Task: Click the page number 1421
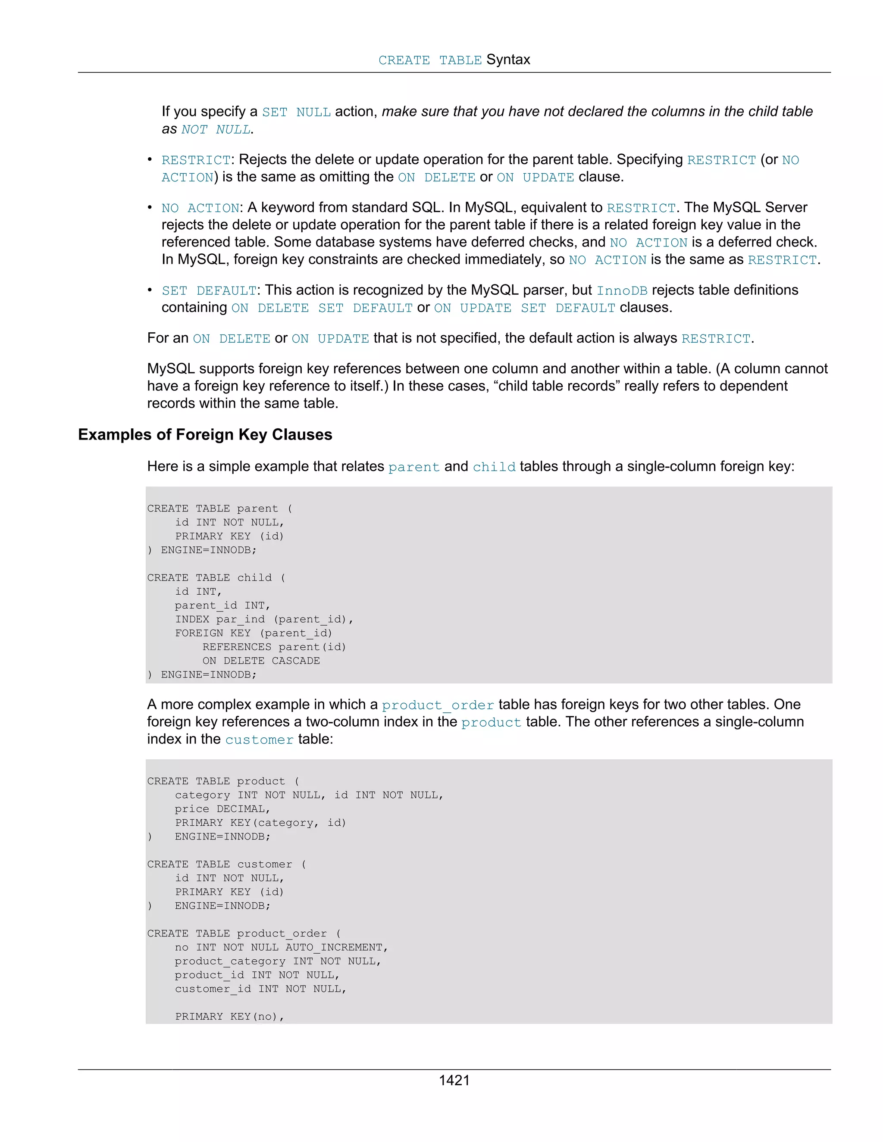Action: pyautogui.click(x=454, y=1080)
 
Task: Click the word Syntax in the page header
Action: pyautogui.click(x=507, y=59)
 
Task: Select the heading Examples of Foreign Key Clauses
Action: pyautogui.click(x=205, y=434)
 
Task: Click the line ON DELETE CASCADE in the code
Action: pyautogui.click(x=261, y=660)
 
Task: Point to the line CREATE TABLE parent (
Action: pyautogui.click(x=220, y=508)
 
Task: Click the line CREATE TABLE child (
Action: pyautogui.click(x=216, y=577)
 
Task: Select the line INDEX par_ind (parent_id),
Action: pyautogui.click(x=264, y=619)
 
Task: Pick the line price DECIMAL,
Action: pyautogui.click(x=222, y=808)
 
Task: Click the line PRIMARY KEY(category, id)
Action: pyautogui.click(x=260, y=823)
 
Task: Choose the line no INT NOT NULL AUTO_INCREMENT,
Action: pyautogui.click(x=281, y=947)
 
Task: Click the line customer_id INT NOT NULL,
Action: pyautogui.click(x=260, y=988)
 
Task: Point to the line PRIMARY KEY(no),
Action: pyautogui.click(x=229, y=1016)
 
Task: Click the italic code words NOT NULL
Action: pyautogui.click(x=216, y=129)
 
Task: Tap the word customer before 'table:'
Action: pyautogui.click(x=259, y=739)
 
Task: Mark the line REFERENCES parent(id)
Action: pyautogui.click(x=274, y=647)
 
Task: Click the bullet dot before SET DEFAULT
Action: pyautogui.click(x=150, y=290)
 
